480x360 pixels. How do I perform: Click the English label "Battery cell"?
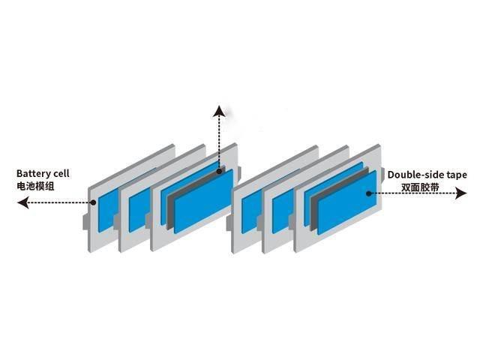click(x=43, y=173)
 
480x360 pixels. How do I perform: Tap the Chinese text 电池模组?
click(x=35, y=186)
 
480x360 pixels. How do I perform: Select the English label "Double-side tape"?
click(x=427, y=175)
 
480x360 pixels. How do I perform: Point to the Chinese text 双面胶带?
click(x=420, y=187)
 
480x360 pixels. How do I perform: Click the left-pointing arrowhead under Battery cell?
click(x=23, y=202)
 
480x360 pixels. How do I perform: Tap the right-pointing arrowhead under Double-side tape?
click(x=461, y=193)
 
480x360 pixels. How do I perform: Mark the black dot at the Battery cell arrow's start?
click(x=93, y=202)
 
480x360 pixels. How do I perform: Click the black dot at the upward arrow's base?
click(x=219, y=172)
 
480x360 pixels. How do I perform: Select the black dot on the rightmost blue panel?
click(x=369, y=193)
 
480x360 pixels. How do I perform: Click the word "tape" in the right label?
click(x=457, y=175)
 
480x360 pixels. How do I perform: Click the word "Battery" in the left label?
click(x=34, y=173)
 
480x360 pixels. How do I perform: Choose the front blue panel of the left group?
click(x=204, y=201)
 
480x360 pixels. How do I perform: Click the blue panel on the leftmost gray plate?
click(x=107, y=210)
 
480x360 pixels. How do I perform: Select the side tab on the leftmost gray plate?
click(x=85, y=221)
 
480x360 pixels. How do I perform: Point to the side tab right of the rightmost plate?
click(x=382, y=175)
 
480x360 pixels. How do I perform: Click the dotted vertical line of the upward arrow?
click(x=219, y=143)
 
